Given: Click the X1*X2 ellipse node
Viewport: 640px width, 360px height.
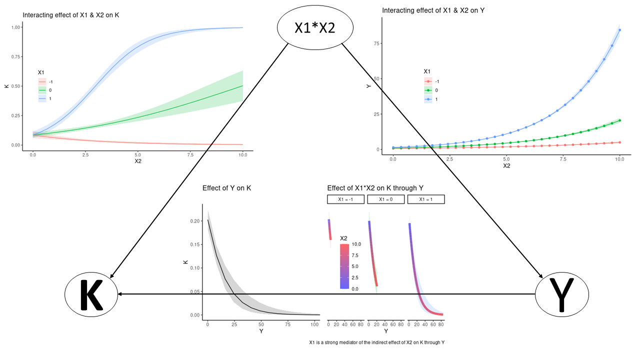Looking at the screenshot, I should pyautogui.click(x=314, y=28).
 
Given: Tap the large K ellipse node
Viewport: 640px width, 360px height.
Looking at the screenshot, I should pyautogui.click(x=91, y=294).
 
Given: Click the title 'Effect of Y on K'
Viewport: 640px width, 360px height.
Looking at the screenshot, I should pyautogui.click(x=226, y=188).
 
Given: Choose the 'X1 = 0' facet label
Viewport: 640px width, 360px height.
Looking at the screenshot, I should pyautogui.click(x=386, y=199).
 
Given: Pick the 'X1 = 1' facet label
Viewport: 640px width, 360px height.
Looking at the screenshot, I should pyautogui.click(x=426, y=199).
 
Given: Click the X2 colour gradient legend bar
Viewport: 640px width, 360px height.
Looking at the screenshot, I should pyautogui.click(x=344, y=266).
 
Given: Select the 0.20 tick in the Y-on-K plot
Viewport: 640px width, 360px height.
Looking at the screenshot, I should pyautogui.click(x=194, y=220).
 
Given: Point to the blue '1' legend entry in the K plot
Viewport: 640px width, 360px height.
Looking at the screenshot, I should pyautogui.click(x=43, y=99).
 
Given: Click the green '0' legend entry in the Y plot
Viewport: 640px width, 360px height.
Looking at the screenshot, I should pyautogui.click(x=429, y=90).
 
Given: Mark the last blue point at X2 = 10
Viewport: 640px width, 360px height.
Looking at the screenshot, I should pyautogui.click(x=620, y=30).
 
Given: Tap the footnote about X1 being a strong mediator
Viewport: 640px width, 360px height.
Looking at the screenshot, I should pyautogui.click(x=377, y=342).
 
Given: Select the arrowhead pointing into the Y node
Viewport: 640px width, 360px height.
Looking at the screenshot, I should pyautogui.click(x=540, y=275).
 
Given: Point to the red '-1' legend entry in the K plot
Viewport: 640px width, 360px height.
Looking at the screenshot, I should pyautogui.click(x=43, y=81).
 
